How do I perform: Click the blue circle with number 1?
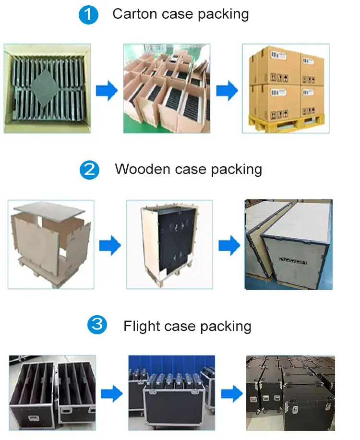click(88, 15)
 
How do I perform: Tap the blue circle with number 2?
click(89, 170)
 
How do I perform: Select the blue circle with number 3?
click(97, 326)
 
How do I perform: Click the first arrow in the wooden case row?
click(110, 245)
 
